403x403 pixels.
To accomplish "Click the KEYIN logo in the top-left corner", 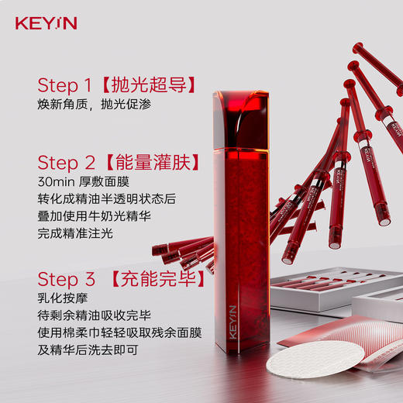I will pos(46,23).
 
